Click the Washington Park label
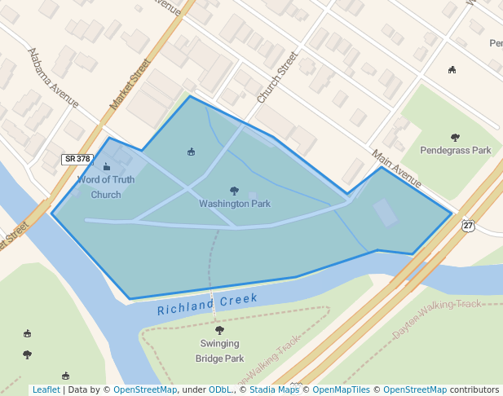tap(235, 204)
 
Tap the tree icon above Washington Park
tap(235, 191)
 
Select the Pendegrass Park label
tap(455, 150)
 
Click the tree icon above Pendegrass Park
tap(455, 137)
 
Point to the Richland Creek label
tap(207, 304)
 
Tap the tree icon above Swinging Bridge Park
tap(219, 330)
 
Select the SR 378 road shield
tap(77, 159)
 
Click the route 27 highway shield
tap(468, 225)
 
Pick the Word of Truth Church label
tap(106, 187)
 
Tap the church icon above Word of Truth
tap(107, 167)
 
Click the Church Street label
tap(277, 77)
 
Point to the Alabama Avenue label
tap(53, 78)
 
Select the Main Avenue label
tap(395, 168)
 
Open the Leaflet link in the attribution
tap(46, 389)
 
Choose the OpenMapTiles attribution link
tap(342, 389)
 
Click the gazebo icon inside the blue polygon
tap(192, 152)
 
